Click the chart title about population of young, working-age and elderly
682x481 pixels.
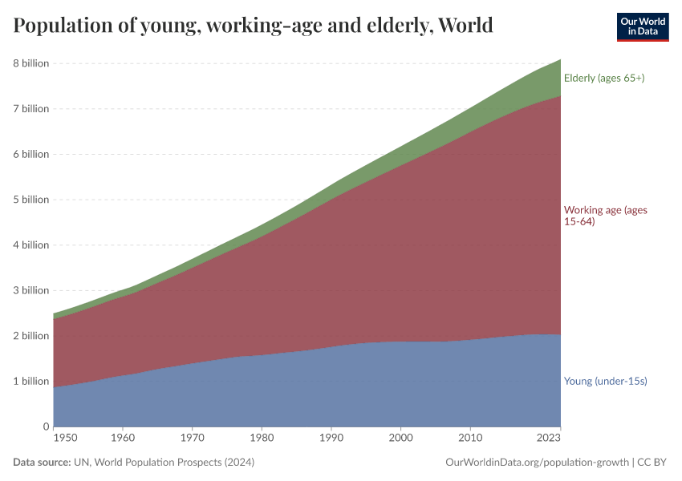coord(253,26)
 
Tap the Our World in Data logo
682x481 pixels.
coord(642,26)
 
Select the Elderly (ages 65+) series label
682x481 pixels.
coord(604,79)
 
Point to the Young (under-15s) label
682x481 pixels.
coord(605,381)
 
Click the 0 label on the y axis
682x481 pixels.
coord(46,426)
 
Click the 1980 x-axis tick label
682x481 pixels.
coord(261,439)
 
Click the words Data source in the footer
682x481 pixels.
coord(41,463)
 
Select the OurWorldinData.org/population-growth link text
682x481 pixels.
coord(535,463)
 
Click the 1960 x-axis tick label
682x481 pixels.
coord(122,439)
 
